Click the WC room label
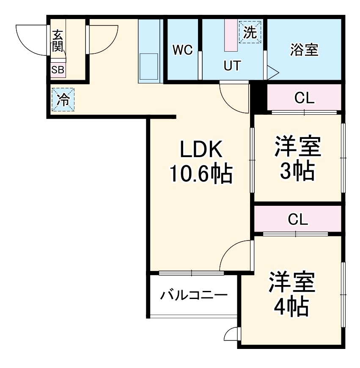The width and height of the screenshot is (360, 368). point(182,50)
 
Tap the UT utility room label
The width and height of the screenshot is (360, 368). point(232,66)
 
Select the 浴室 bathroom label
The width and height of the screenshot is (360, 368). point(304,50)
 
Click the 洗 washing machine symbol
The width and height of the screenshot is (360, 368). point(250,33)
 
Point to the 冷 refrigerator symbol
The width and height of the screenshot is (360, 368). point(63,100)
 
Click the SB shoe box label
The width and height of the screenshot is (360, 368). point(58,70)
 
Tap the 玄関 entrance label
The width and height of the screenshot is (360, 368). point(58,40)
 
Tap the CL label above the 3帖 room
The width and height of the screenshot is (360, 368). point(305,99)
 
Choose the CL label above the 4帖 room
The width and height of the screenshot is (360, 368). point(298,219)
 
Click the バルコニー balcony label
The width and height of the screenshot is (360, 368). point(194,295)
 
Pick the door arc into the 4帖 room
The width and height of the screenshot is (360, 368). point(235,255)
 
